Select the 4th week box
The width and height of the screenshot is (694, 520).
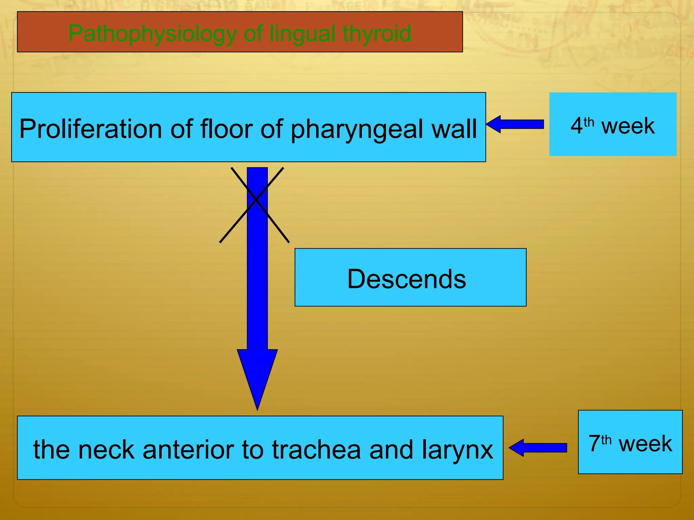(x=613, y=124)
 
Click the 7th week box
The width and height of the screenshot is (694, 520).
(x=630, y=442)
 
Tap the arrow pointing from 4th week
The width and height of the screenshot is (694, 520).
(x=515, y=124)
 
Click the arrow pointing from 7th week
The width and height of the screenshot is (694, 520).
(x=538, y=448)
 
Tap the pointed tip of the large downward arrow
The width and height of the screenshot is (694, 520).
(x=258, y=408)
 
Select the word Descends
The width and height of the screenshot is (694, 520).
(x=407, y=279)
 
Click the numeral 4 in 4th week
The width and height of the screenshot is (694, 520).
(x=576, y=126)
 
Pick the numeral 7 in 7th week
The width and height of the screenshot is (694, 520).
(x=594, y=444)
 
